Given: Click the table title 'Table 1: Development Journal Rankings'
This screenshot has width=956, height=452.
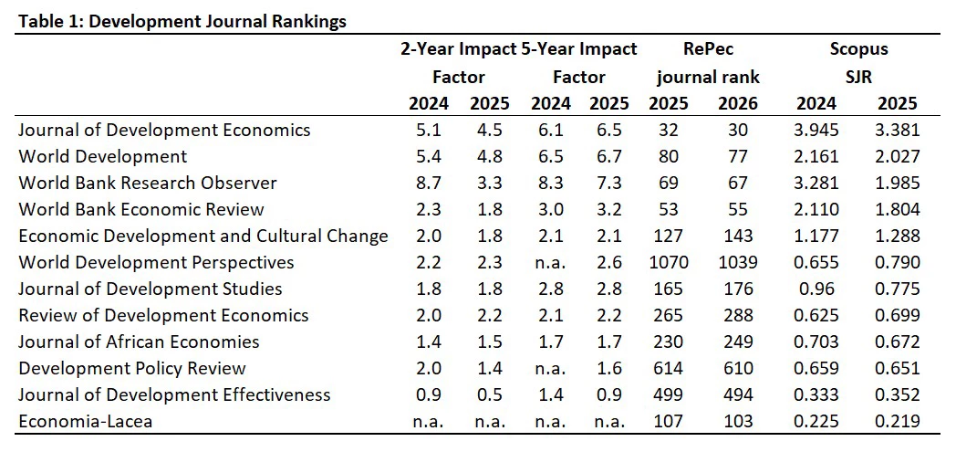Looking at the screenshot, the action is click(182, 22).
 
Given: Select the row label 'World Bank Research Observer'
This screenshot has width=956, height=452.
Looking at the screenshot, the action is click(148, 183).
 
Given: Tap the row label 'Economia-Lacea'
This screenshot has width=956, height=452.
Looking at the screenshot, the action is click(86, 421).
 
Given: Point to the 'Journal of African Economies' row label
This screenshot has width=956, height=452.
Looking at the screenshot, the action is click(139, 342).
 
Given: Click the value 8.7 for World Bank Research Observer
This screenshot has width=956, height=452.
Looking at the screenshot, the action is click(428, 183).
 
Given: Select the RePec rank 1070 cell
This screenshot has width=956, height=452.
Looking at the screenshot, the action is click(669, 262).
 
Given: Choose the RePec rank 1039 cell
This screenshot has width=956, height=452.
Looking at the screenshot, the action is click(737, 262).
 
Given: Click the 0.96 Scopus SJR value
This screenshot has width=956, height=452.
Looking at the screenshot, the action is click(816, 289).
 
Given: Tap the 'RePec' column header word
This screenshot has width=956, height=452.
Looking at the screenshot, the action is click(709, 48).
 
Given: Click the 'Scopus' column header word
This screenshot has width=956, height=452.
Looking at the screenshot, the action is click(858, 48).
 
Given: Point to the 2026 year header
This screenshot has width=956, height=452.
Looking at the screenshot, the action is click(737, 103).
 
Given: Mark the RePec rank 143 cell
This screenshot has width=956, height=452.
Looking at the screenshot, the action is click(737, 236).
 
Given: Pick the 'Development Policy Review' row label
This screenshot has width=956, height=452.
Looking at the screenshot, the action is click(132, 368).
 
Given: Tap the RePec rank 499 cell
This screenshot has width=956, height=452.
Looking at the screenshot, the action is click(669, 394).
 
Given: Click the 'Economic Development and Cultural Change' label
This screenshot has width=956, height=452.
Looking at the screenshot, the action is click(203, 237).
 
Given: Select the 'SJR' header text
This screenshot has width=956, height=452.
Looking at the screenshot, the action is click(858, 77).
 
